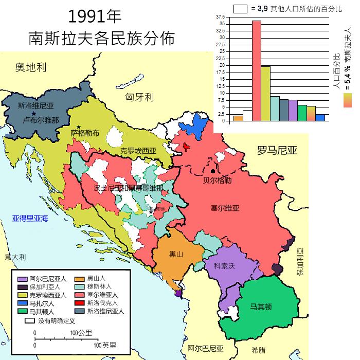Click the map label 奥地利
31,67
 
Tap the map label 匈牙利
140,97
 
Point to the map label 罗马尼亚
277,150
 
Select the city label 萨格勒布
85,133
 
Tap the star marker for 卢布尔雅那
34,113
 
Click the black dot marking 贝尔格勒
212,171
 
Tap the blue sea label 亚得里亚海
30,219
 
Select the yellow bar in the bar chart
265,93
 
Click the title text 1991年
95,16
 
